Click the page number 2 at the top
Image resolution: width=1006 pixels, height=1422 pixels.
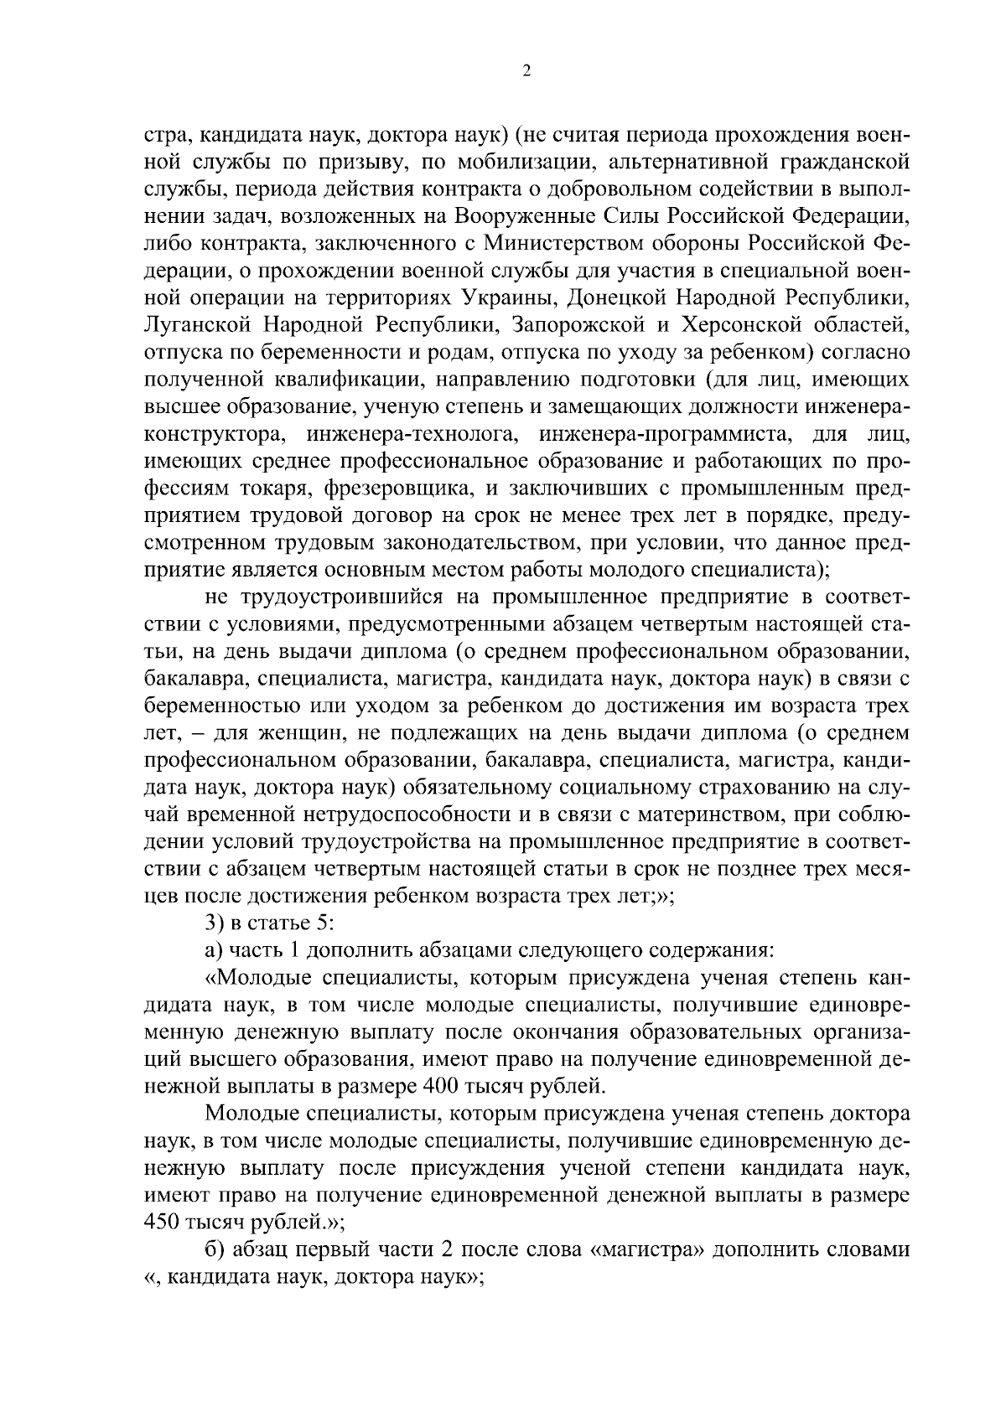coord(526,72)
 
